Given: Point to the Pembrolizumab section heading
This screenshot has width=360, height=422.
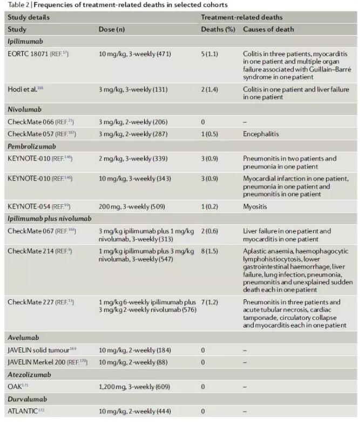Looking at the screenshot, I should (31, 146).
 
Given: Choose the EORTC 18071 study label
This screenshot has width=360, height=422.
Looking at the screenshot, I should (38, 54).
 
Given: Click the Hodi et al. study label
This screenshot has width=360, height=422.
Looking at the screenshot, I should (25, 89).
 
